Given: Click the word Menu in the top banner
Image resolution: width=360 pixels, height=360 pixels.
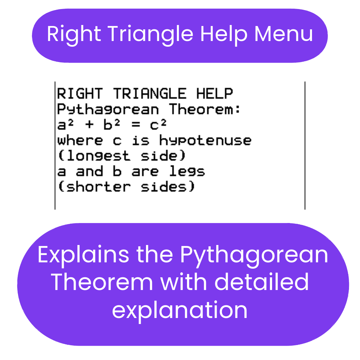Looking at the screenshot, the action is (284, 34).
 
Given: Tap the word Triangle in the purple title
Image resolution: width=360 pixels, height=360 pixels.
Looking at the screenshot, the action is (150, 35).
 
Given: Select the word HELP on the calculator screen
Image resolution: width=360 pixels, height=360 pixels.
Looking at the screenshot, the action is (214, 93).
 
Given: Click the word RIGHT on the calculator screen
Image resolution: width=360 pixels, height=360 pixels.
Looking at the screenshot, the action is (80, 93).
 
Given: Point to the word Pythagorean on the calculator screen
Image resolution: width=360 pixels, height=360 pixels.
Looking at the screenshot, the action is (108, 109).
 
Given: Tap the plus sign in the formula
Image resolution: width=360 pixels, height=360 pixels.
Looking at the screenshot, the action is (89, 124).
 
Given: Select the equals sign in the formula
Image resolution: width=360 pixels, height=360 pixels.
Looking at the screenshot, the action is (136, 124).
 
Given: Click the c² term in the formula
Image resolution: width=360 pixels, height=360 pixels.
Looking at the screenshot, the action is (158, 124).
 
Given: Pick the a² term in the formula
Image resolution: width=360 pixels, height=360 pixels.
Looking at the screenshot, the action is (65, 124).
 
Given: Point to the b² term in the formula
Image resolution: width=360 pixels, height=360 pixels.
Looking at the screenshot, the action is (112, 124).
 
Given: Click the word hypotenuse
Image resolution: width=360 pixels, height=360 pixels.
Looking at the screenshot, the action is (205, 140).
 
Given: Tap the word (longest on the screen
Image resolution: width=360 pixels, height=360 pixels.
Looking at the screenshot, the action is (94, 156).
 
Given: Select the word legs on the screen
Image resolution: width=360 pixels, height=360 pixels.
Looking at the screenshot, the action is (187, 171).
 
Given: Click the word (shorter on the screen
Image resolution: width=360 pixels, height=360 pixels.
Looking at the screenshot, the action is (94, 187).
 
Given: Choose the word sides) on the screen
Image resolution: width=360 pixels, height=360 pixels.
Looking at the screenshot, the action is (168, 187).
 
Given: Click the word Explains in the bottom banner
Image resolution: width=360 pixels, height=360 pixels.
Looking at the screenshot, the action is (83, 255).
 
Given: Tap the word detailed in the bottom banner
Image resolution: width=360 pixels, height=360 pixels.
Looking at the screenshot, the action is (262, 282).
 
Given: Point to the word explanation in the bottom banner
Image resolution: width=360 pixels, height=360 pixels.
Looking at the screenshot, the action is (180, 311).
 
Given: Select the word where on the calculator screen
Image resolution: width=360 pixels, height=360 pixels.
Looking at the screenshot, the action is (80, 140).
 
